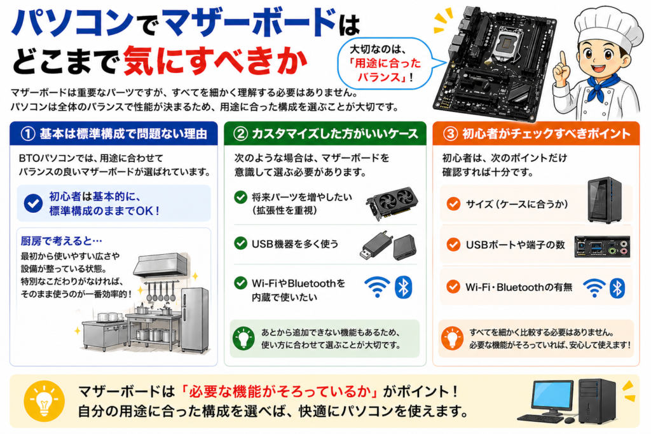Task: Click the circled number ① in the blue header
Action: pos(27,133)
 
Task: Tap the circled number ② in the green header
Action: pos(240,133)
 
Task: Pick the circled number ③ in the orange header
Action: pos(449,133)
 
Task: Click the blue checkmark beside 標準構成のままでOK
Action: pos(32,203)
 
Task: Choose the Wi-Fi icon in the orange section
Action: pos(594,287)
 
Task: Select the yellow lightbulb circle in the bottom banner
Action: pos(44,401)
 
